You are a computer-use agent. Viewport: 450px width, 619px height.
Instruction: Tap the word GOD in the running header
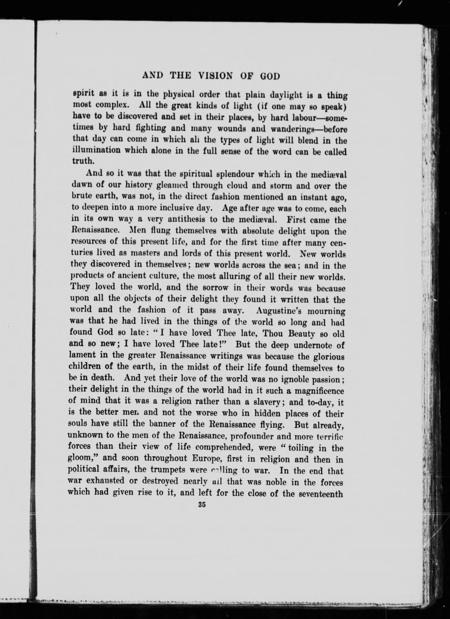pos(270,76)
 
